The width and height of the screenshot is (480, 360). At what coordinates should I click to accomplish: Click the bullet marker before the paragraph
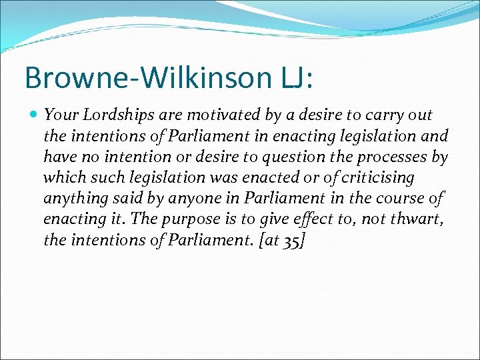click(34, 115)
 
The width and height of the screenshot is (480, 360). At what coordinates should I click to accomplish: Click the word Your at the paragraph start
click(58, 115)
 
